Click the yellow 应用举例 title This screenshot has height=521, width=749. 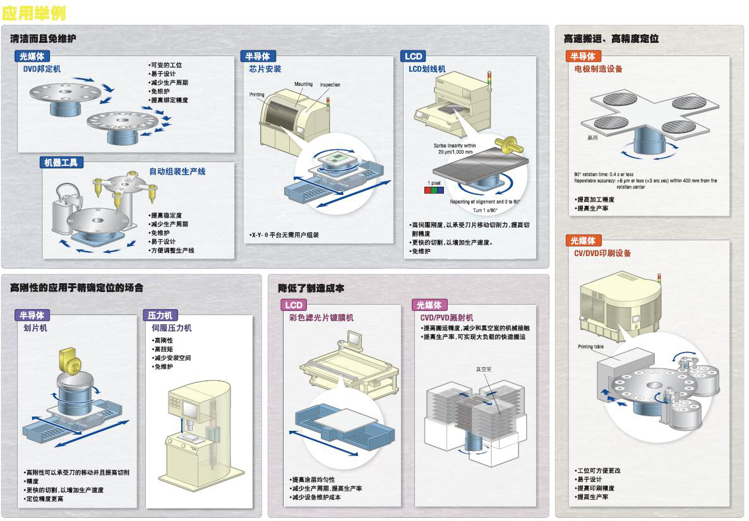pyautogui.click(x=34, y=12)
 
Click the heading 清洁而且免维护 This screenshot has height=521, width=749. pyautogui.click(x=43, y=38)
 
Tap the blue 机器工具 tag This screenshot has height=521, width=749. pyautogui.click(x=61, y=163)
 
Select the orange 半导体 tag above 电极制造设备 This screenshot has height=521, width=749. pyautogui.click(x=582, y=56)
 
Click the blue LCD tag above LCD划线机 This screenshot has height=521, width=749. pyautogui.click(x=414, y=56)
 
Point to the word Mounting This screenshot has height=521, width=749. pyautogui.click(x=303, y=84)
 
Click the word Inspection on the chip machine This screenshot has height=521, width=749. pyautogui.click(x=330, y=85)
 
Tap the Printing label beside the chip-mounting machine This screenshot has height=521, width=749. pyautogui.click(x=257, y=95)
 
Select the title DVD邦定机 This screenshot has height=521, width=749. pyautogui.click(x=42, y=68)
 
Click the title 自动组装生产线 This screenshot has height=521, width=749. pyautogui.click(x=177, y=172)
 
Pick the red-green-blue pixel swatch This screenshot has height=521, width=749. pyautogui.click(x=434, y=188)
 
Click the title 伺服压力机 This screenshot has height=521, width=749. pyautogui.click(x=171, y=328)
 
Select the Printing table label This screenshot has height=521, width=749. pyautogui.click(x=590, y=347)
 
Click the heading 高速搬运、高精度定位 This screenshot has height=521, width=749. pyautogui.click(x=611, y=38)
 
